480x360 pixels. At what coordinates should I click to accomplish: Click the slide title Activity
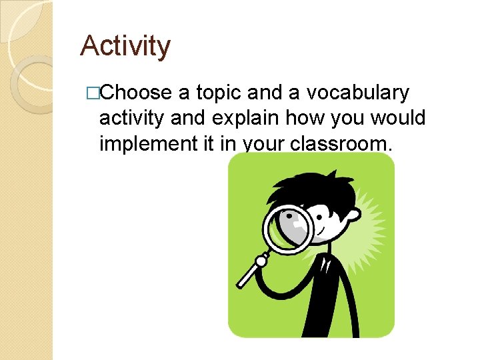coord(125,46)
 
